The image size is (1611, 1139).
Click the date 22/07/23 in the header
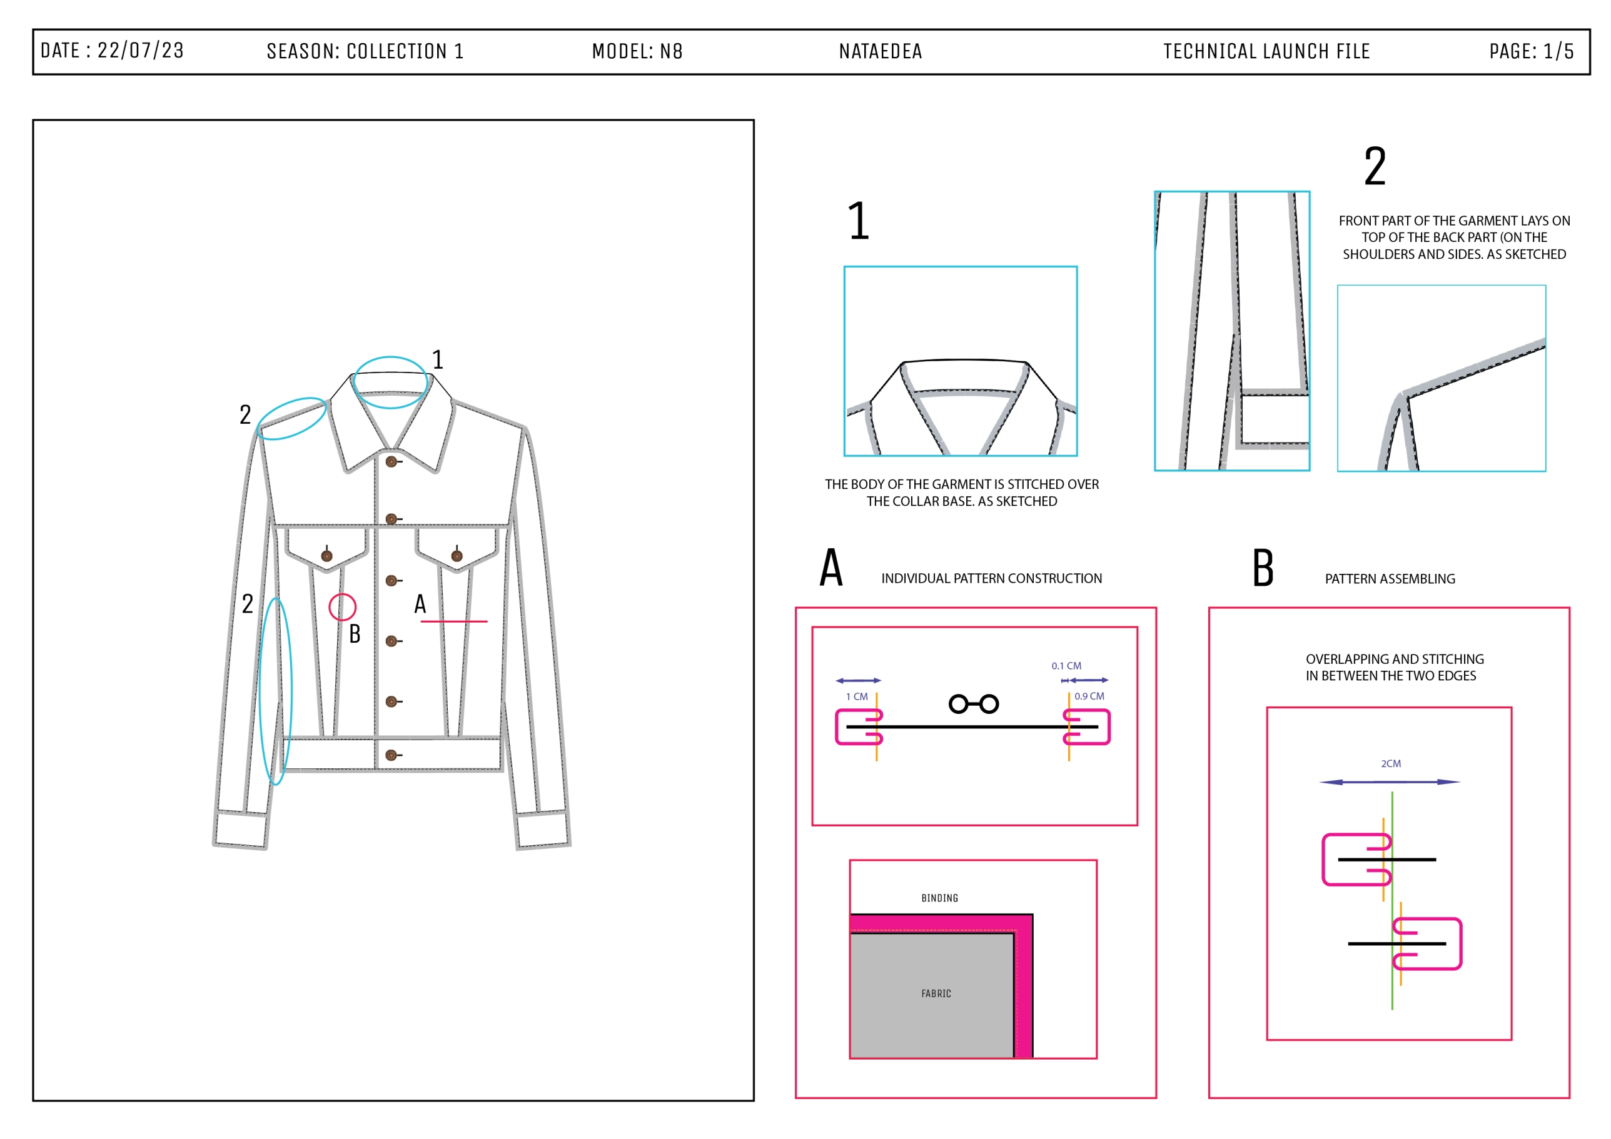coord(140,51)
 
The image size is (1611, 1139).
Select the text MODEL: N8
coord(637,51)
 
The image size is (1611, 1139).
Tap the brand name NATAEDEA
coord(881,51)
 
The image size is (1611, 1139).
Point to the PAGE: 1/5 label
coord(1531,51)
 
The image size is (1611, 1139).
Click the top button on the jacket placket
coord(391,461)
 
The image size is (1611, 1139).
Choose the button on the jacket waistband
coord(391,755)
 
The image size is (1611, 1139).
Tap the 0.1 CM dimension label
coord(1066,666)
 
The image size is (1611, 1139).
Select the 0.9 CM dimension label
coord(1089,696)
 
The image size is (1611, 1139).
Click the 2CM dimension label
coord(1391,763)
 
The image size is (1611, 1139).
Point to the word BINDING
coord(939,898)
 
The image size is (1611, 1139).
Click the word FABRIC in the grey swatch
coord(936,993)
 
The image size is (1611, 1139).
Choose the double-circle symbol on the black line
coord(973,703)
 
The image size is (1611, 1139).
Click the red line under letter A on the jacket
coord(453,621)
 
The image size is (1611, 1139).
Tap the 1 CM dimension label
coord(857,696)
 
